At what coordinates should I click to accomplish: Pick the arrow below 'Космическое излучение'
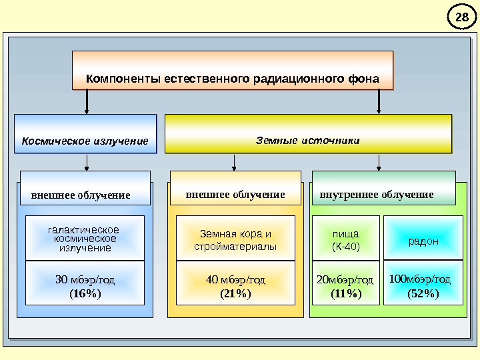click(87, 163)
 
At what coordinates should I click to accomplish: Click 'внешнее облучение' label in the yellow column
click(235, 195)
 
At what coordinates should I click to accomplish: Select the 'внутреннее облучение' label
click(377, 195)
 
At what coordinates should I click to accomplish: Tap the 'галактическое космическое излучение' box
click(85, 238)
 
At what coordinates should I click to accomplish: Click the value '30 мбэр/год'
click(85, 280)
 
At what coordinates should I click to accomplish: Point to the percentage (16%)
click(85, 293)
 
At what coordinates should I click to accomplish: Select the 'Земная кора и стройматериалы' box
click(235, 240)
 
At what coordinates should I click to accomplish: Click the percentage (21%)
click(235, 293)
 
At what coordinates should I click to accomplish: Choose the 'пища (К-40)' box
click(345, 240)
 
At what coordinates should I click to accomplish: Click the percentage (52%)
click(423, 293)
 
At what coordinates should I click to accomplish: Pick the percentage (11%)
click(346, 293)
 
